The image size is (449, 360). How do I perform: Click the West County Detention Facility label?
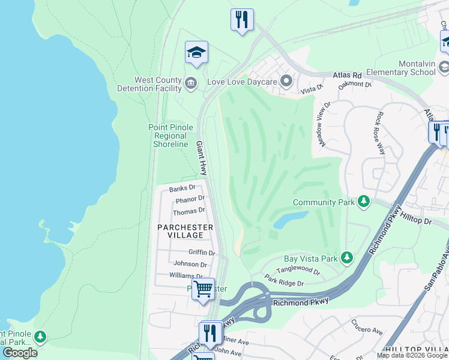[158, 84]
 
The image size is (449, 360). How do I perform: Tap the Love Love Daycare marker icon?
[286, 80]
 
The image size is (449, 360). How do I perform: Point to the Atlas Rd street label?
[348, 76]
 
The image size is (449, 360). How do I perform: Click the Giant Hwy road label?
[201, 158]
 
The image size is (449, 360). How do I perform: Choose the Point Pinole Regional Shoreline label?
[171, 136]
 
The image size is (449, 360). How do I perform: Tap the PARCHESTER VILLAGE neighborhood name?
[185, 231]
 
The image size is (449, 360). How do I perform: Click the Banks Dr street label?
[182, 188]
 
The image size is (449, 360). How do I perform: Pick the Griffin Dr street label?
[202, 253]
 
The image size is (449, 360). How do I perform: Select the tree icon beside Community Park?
[363, 202]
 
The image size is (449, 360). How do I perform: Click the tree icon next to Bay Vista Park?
[346, 257]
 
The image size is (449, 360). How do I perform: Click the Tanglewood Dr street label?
[298, 271]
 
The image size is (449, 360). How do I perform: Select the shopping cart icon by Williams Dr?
[203, 289]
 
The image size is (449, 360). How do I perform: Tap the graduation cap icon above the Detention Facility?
[196, 52]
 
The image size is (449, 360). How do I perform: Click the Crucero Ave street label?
[367, 330]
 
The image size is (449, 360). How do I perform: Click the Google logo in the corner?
[19, 353]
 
